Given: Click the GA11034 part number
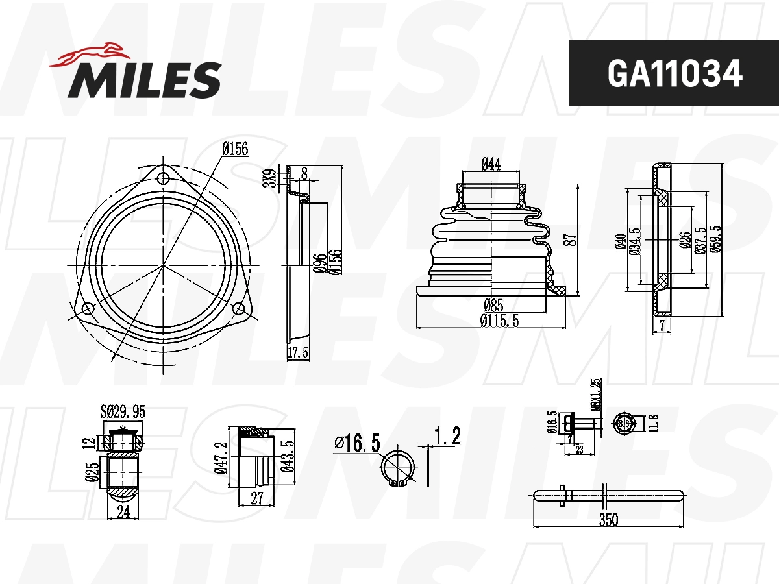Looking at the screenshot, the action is click(x=674, y=73).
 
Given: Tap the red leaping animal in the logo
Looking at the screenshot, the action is click(x=90, y=55).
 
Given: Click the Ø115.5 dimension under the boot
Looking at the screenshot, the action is click(x=499, y=321).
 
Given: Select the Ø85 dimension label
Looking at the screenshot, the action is click(x=493, y=305).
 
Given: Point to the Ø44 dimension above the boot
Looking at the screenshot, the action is click(x=491, y=164).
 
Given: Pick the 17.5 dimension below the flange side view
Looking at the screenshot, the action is click(x=298, y=353).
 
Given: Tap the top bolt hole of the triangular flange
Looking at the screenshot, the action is click(x=163, y=178).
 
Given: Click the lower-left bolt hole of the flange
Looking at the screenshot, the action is click(x=88, y=309).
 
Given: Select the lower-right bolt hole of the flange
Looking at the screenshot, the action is click(x=239, y=308).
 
